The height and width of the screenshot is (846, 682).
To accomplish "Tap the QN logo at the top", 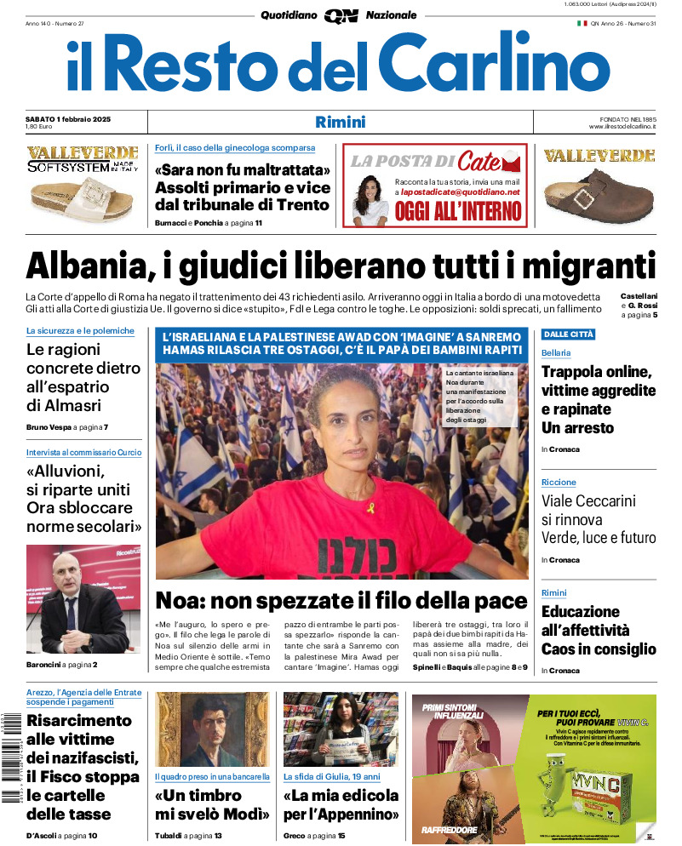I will [341, 15].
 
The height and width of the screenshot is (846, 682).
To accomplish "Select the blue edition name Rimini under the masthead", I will [340, 122].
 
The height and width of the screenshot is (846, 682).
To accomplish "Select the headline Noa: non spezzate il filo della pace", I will [341, 599].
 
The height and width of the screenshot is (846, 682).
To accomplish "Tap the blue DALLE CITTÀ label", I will [568, 334].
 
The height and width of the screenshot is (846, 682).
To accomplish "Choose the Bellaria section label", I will [556, 352].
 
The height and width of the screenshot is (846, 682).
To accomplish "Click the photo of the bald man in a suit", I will [83, 599].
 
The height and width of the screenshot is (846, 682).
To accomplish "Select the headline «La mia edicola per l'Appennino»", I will [341, 804].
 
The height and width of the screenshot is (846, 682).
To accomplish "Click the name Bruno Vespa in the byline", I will [48, 426].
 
